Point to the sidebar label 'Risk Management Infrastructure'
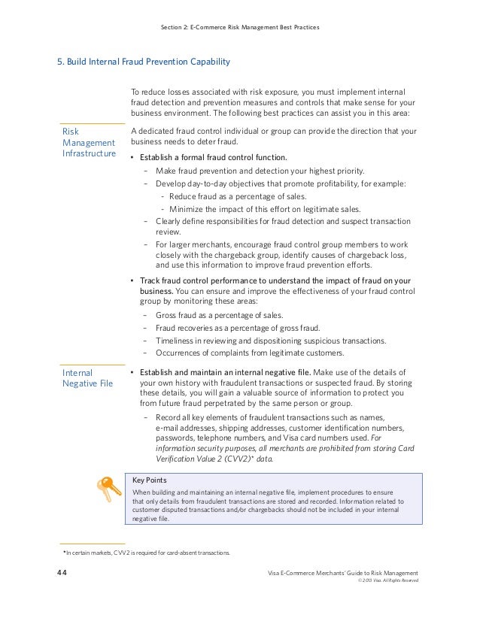[x=89, y=143]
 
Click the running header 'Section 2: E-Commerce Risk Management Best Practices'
[x=240, y=28]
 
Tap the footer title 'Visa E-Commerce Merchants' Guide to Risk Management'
[x=343, y=574]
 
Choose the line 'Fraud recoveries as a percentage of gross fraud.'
[x=238, y=328]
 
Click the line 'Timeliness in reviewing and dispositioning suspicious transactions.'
[x=272, y=341]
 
